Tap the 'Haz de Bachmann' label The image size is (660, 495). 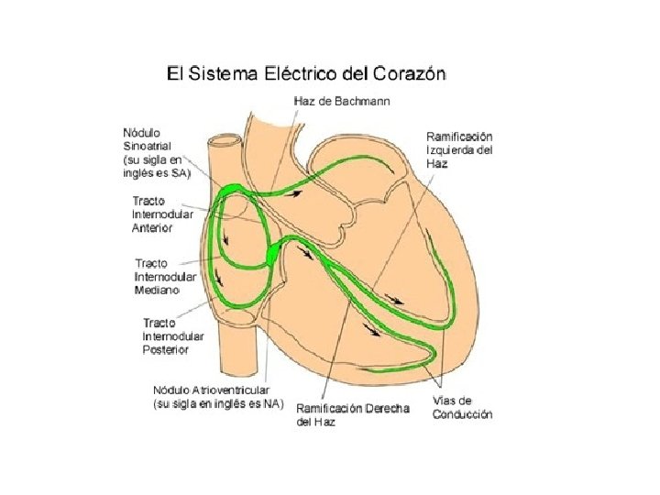click(341, 101)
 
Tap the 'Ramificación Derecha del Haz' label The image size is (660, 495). click(353, 413)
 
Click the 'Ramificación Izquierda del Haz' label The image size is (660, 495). click(459, 149)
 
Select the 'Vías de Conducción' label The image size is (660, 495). click(462, 407)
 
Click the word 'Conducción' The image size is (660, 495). click(462, 414)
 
